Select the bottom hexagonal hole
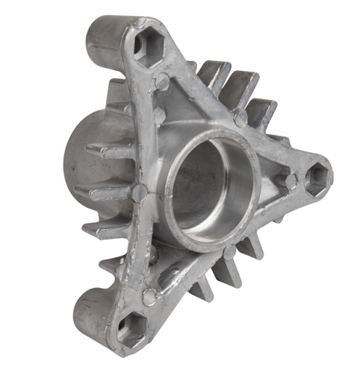click(x=131, y=330)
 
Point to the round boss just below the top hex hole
click(x=161, y=83)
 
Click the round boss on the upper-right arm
click(x=240, y=118)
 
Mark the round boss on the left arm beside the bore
click(x=139, y=192)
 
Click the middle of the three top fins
click(x=240, y=86)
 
